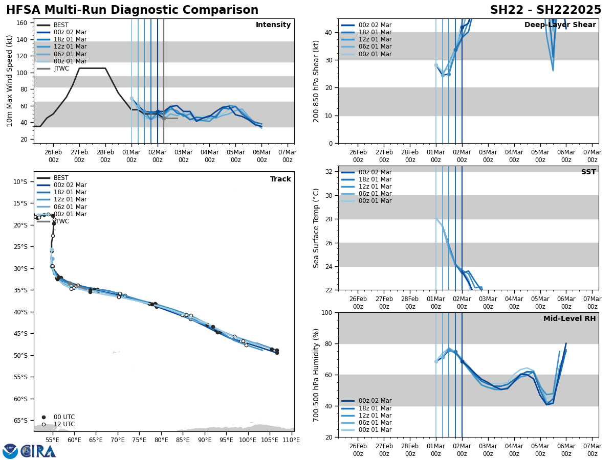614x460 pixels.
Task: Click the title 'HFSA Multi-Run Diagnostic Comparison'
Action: (x=132, y=10)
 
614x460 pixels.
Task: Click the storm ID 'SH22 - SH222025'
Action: (x=545, y=10)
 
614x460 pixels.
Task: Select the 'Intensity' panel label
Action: (x=273, y=25)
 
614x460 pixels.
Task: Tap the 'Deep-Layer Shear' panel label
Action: (x=560, y=25)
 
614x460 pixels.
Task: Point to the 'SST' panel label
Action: (x=588, y=172)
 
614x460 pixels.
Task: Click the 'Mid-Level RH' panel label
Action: (x=569, y=319)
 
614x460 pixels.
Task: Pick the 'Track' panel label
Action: (x=280, y=179)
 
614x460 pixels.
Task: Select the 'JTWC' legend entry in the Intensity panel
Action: (x=61, y=68)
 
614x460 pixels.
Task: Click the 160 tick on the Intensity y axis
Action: (x=23, y=23)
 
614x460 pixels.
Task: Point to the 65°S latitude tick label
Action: (x=20, y=421)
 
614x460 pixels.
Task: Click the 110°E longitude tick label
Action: (x=291, y=440)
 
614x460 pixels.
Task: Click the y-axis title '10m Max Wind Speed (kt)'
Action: (x=10, y=81)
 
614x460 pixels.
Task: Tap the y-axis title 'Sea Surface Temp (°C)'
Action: (x=316, y=228)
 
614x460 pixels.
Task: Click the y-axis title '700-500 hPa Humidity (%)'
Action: (x=316, y=375)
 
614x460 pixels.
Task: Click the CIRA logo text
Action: (x=38, y=451)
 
